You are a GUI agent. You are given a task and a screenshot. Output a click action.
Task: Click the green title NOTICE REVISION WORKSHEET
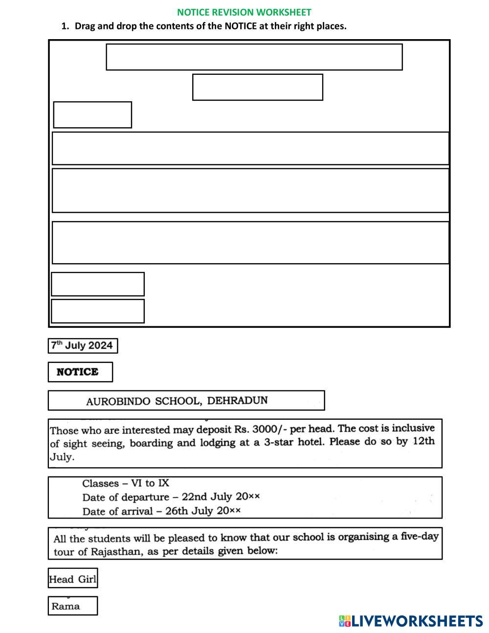pyautogui.click(x=244, y=12)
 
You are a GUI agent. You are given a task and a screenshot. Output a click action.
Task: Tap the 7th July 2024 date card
pyautogui.click(x=83, y=346)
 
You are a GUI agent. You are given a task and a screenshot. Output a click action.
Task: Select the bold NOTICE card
pyautogui.click(x=80, y=372)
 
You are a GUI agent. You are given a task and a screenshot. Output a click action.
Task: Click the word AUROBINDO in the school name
pyautogui.click(x=118, y=402)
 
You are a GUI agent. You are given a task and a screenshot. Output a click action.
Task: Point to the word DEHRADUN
pyautogui.click(x=238, y=401)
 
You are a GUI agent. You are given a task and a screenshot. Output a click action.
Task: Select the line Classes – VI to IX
pyautogui.click(x=126, y=483)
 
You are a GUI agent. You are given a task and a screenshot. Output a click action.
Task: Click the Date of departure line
pyautogui.click(x=171, y=497)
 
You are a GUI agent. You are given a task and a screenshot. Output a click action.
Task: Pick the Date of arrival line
pyautogui.click(x=161, y=511)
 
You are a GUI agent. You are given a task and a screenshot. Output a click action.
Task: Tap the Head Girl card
pyautogui.click(x=73, y=580)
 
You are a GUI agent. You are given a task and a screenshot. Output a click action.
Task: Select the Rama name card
pyautogui.click(x=72, y=606)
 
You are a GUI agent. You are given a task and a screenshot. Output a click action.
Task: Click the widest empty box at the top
pyautogui.click(x=254, y=57)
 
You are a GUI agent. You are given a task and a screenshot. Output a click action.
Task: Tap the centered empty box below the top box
pyautogui.click(x=258, y=88)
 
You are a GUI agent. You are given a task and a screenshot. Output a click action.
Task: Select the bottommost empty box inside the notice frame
pyautogui.click(x=98, y=311)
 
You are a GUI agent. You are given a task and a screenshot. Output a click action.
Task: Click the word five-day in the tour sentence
pyautogui.click(x=417, y=536)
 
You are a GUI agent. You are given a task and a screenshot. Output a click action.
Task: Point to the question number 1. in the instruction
pyautogui.click(x=65, y=26)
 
